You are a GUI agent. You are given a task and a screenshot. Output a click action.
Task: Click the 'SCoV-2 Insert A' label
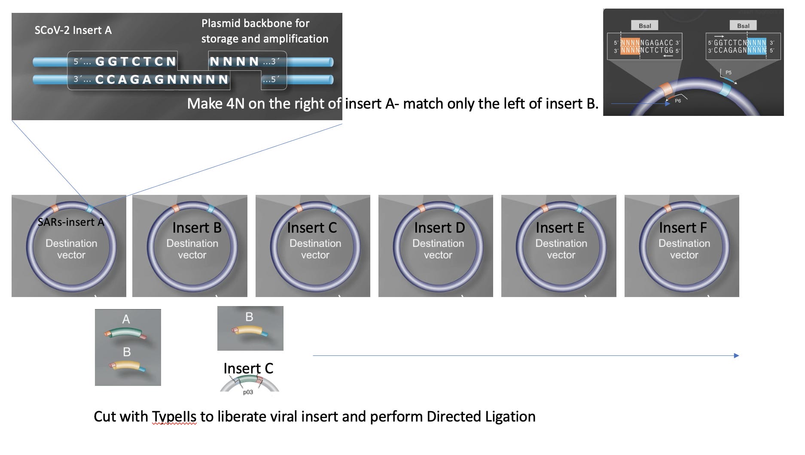tap(73, 30)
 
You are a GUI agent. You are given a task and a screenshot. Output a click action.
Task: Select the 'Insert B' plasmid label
tap(197, 227)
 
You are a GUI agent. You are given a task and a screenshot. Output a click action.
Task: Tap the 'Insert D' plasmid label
tap(439, 227)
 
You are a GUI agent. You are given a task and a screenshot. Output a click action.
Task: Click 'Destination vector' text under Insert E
tap(561, 249)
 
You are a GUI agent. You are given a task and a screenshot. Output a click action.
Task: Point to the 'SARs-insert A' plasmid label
tap(71, 222)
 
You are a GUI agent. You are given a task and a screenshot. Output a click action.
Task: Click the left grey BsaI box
tap(644, 26)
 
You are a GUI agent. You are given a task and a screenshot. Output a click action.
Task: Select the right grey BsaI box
tap(743, 26)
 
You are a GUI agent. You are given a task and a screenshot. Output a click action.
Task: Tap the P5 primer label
tap(729, 73)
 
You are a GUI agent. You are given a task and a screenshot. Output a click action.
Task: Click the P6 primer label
tap(678, 101)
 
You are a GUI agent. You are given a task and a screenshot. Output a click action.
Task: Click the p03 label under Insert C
tap(248, 392)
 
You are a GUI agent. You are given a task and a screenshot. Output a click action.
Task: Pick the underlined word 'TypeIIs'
tap(174, 417)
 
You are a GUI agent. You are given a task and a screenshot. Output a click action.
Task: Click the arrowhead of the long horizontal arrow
tap(736, 355)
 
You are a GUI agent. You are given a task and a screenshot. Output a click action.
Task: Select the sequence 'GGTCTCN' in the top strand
tap(135, 62)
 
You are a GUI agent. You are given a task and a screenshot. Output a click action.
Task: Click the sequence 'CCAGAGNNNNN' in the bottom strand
tap(162, 80)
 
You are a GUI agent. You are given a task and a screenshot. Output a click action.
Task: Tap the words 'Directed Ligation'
tap(481, 417)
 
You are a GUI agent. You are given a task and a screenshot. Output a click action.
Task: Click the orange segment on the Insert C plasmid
tap(299, 209)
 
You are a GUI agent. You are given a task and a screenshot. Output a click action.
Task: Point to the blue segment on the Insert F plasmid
tap(703, 209)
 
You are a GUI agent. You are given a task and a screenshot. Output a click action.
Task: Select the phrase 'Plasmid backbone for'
tap(255, 23)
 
